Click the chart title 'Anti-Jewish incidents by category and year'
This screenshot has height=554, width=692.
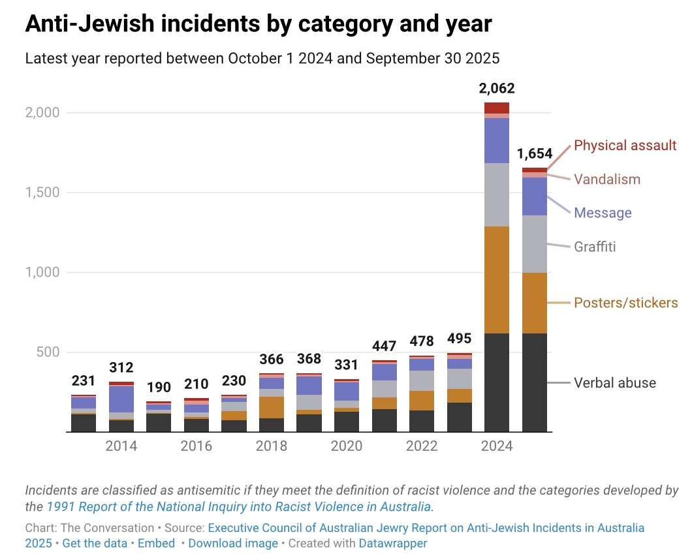click(258, 24)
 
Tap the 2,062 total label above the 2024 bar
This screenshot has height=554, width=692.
click(497, 89)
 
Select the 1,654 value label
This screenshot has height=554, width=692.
click(535, 154)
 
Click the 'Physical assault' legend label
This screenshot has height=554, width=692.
click(625, 146)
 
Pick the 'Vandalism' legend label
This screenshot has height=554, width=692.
click(607, 179)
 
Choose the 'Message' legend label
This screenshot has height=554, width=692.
click(603, 213)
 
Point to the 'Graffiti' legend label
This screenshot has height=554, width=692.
click(595, 247)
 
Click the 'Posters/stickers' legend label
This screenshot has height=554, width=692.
click(625, 303)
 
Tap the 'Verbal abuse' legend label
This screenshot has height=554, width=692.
click(614, 383)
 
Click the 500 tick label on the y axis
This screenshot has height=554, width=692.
click(48, 352)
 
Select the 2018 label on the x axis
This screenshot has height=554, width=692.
click(272, 446)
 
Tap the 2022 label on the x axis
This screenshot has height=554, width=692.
click(422, 446)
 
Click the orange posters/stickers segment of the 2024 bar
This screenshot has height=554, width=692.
click(497, 280)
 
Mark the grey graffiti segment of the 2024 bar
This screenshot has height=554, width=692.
click(497, 194)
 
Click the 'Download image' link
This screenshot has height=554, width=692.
click(234, 543)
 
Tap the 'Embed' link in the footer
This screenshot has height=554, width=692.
click(157, 543)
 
